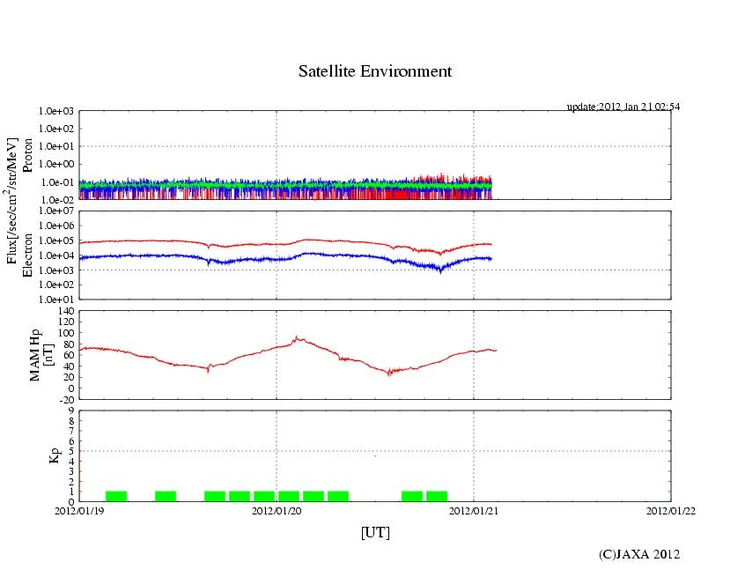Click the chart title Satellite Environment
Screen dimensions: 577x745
pyautogui.click(x=374, y=71)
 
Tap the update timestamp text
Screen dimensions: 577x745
pyautogui.click(x=623, y=107)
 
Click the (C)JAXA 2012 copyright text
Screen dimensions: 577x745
pyautogui.click(x=639, y=554)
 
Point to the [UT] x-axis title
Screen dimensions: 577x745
pyautogui.click(x=374, y=532)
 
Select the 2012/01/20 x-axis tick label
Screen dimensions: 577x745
pyautogui.click(x=277, y=510)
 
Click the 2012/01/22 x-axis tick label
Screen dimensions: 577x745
pyautogui.click(x=670, y=510)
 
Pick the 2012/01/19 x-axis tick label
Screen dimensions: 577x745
pyautogui.click(x=79, y=510)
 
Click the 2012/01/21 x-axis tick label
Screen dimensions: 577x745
pyautogui.click(x=474, y=510)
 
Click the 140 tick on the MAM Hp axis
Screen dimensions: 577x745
pyautogui.click(x=66, y=311)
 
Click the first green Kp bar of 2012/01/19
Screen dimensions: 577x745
pyautogui.click(x=116, y=496)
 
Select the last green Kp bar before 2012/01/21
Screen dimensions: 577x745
pyautogui.click(x=437, y=496)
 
